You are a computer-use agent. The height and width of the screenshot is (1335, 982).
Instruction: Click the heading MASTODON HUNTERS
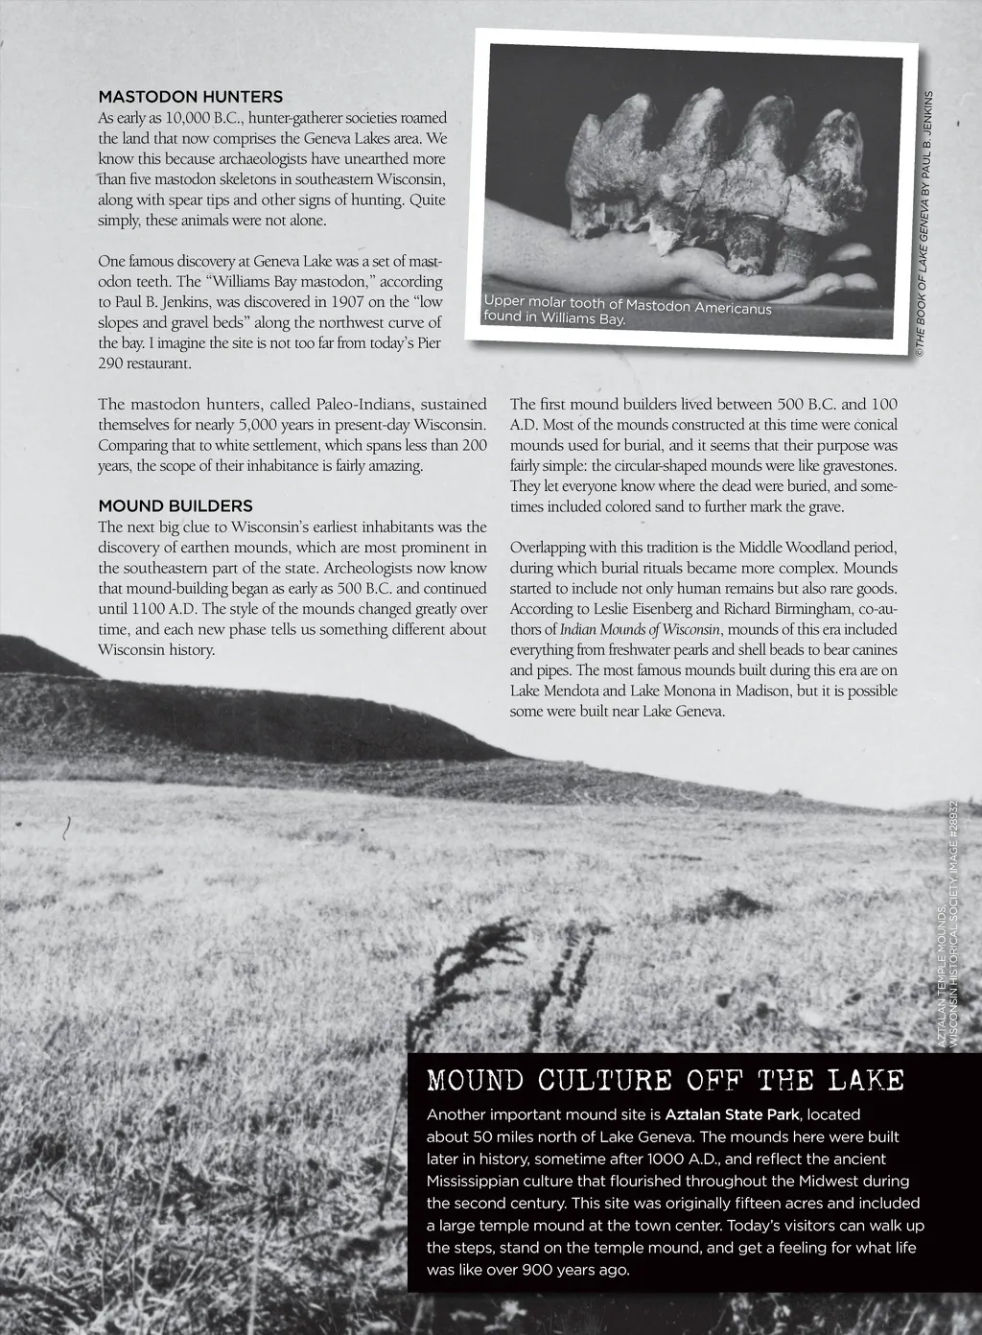tap(190, 97)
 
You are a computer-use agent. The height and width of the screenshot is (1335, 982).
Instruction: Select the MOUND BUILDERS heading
tap(175, 505)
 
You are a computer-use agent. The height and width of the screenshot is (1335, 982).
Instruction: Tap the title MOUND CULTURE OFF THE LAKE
tap(666, 1081)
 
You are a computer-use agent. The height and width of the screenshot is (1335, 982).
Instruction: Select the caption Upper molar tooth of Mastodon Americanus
tap(627, 305)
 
